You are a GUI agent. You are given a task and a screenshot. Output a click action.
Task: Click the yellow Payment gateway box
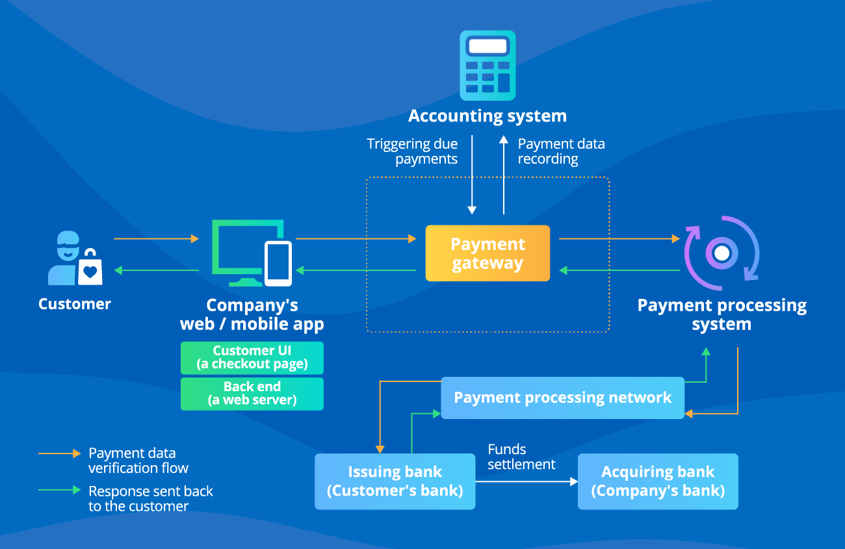coord(487,253)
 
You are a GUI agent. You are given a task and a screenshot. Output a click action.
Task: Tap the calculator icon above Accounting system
coord(487,66)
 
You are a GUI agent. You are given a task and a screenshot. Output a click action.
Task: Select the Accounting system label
coord(487,116)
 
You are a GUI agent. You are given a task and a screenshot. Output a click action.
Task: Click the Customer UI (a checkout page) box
coord(252,357)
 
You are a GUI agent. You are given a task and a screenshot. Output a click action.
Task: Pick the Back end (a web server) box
coord(252,394)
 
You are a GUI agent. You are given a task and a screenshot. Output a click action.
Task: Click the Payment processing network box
coord(562,398)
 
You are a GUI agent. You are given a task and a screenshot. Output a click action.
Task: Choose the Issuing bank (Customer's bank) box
coord(395,481)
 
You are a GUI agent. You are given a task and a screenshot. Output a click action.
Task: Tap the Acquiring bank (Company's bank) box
coord(658,481)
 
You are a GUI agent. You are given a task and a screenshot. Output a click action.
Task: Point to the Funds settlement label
coord(521,457)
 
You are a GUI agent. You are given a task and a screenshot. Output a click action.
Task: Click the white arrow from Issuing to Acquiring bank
coord(526,481)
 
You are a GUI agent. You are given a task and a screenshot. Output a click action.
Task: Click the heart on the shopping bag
coord(91,272)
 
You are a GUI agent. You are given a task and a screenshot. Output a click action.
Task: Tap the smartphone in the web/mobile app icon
coord(278,263)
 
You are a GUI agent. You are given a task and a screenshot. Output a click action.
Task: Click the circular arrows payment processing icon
coord(721,250)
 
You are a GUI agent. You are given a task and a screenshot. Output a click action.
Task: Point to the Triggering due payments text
coord(413,151)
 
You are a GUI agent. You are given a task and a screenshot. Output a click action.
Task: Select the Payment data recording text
coord(560,151)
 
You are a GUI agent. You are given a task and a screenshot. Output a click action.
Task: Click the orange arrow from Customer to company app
coord(156,239)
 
